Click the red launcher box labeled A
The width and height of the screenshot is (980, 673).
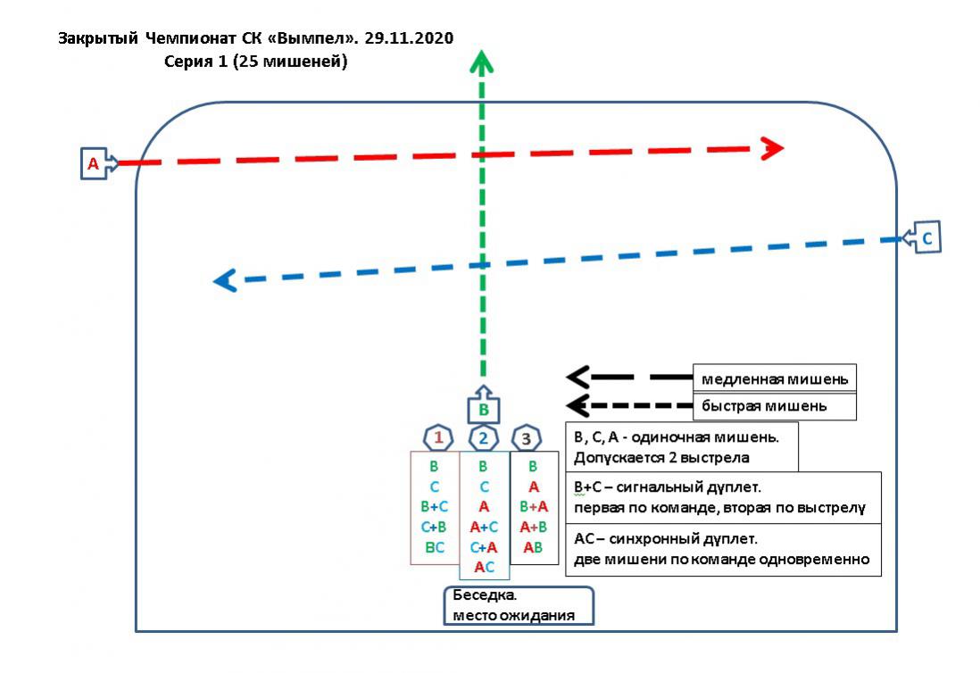click(x=94, y=164)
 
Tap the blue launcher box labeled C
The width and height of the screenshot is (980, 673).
click(x=926, y=238)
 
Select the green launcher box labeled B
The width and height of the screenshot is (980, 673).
click(x=484, y=410)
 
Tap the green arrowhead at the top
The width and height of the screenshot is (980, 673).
click(x=482, y=63)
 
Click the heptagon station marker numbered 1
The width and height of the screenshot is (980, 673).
click(x=438, y=438)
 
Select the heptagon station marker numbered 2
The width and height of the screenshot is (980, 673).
click(x=484, y=438)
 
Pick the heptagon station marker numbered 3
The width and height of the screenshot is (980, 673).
click(x=527, y=438)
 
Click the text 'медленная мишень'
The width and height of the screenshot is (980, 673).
click(x=773, y=378)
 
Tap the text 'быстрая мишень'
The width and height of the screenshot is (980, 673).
click(x=764, y=406)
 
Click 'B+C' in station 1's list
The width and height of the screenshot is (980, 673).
click(x=435, y=507)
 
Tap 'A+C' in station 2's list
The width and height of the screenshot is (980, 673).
click(x=483, y=528)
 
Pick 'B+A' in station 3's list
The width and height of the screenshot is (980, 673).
click(x=533, y=507)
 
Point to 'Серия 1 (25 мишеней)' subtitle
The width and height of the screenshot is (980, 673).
click(x=256, y=62)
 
